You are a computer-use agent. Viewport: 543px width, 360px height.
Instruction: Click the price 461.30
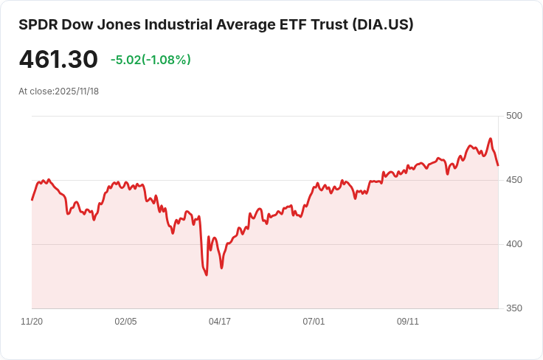click(58, 60)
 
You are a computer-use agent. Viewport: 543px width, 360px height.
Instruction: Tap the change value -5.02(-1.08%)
click(151, 60)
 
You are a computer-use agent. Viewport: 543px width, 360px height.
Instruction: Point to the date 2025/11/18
click(77, 91)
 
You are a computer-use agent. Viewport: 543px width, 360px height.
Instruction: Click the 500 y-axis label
click(514, 116)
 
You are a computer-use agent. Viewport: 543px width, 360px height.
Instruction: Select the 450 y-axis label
click(514, 180)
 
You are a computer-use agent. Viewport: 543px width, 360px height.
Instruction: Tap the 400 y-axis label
click(514, 244)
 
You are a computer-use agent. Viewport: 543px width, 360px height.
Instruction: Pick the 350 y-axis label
click(514, 308)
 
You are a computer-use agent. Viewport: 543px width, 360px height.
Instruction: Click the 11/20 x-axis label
click(32, 322)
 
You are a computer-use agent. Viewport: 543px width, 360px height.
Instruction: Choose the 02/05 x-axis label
click(125, 322)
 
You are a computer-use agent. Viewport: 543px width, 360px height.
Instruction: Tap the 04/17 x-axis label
click(220, 322)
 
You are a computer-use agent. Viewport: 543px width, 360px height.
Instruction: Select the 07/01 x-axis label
click(314, 322)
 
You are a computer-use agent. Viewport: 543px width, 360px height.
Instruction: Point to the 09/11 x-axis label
click(408, 322)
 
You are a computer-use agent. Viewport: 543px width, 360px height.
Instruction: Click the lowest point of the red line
click(207, 275)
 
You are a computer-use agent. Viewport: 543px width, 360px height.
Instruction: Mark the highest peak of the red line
click(491, 138)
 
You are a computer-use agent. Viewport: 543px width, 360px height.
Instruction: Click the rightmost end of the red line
click(498, 165)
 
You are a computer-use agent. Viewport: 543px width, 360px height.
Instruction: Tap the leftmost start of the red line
click(32, 200)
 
